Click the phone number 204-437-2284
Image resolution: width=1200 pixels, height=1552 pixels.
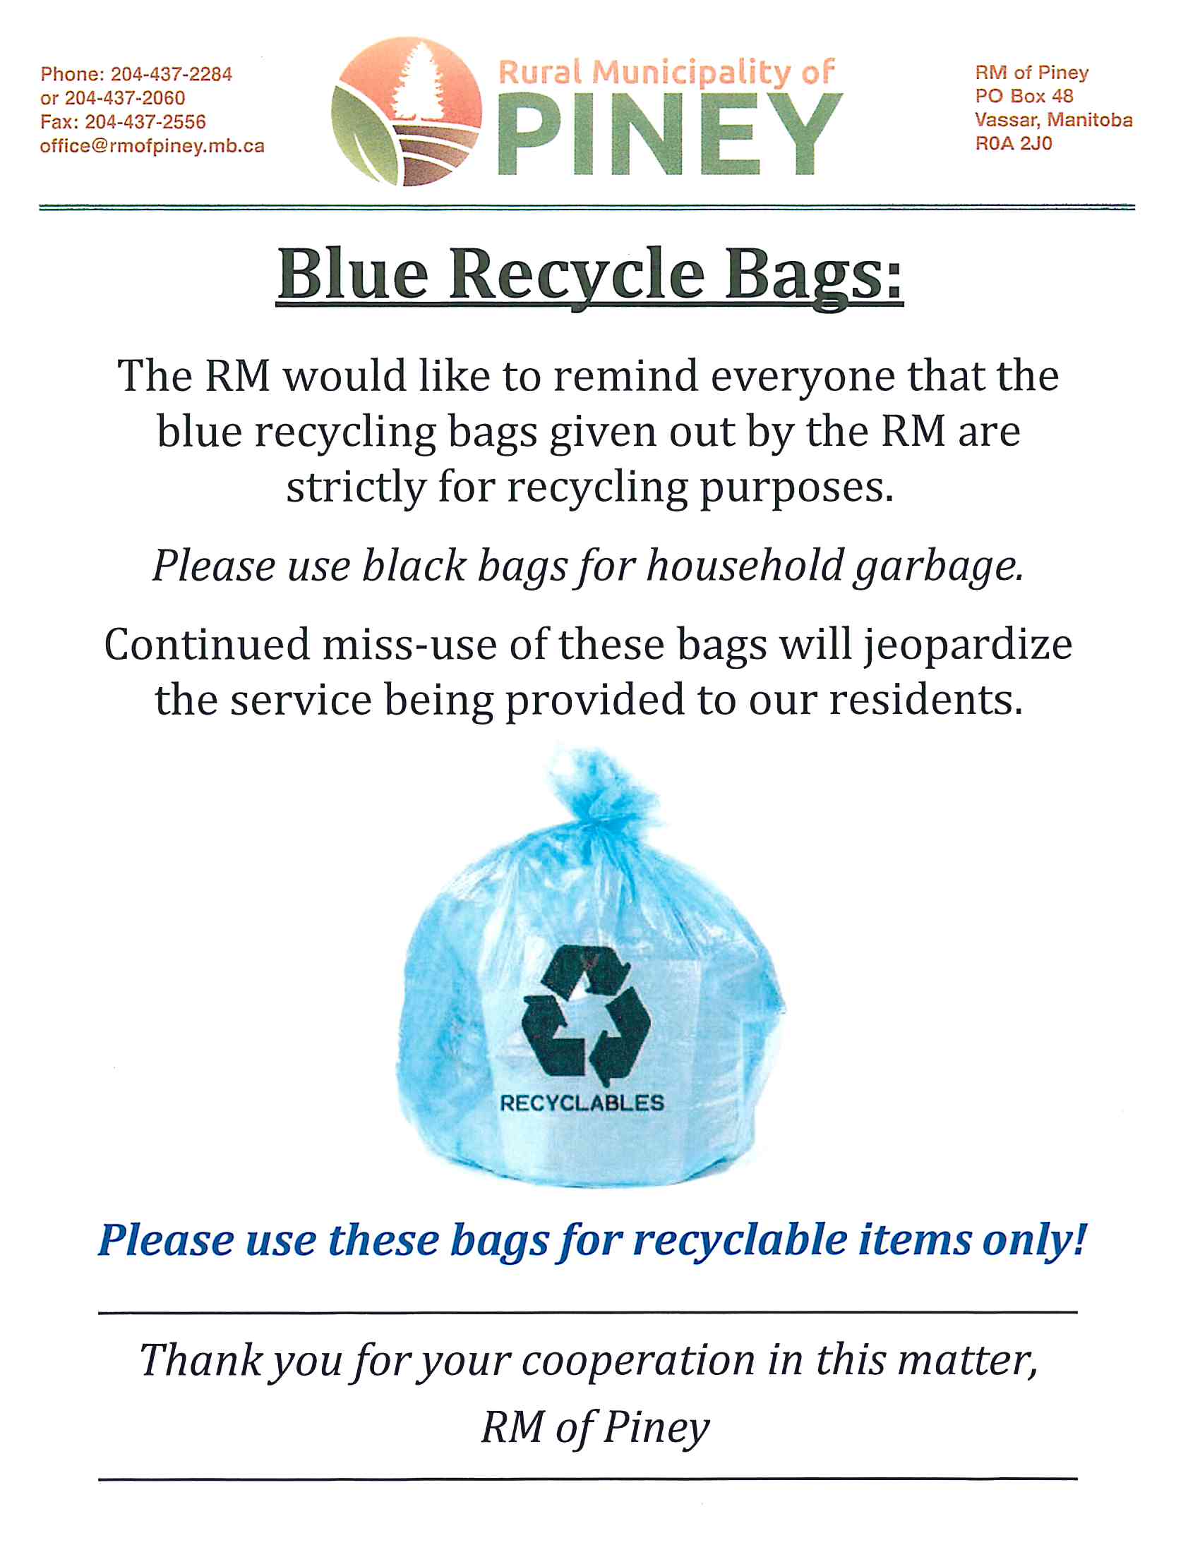click(172, 74)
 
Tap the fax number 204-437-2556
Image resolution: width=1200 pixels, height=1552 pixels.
click(145, 122)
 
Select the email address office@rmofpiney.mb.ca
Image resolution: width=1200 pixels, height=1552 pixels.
click(152, 147)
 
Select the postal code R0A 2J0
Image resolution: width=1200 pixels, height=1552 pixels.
click(1013, 143)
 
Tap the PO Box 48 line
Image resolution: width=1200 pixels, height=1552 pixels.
click(1024, 96)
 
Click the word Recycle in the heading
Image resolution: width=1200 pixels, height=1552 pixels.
click(577, 274)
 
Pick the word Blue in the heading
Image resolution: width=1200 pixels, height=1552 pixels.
click(354, 274)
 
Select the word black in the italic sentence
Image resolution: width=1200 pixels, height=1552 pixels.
click(414, 566)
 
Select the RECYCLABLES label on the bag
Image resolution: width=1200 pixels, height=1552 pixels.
click(582, 1103)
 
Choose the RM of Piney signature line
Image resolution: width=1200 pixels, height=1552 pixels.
click(596, 1429)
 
